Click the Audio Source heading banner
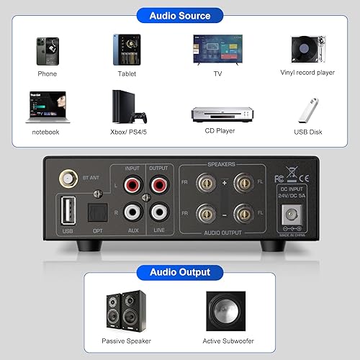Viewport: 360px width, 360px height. (179, 15)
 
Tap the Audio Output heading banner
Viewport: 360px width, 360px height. (179, 272)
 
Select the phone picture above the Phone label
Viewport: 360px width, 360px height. (48, 50)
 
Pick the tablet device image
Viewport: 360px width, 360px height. (125, 50)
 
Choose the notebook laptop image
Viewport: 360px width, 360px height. (47, 107)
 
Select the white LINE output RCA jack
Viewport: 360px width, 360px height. (158, 214)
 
